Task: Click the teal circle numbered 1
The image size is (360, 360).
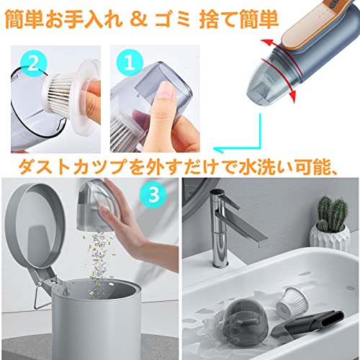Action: (x=130, y=63)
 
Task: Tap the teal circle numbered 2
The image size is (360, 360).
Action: (x=32, y=63)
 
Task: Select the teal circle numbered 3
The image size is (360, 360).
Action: (x=153, y=194)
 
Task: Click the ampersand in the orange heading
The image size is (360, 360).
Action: (x=138, y=19)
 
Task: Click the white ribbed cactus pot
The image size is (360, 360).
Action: (x=330, y=239)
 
